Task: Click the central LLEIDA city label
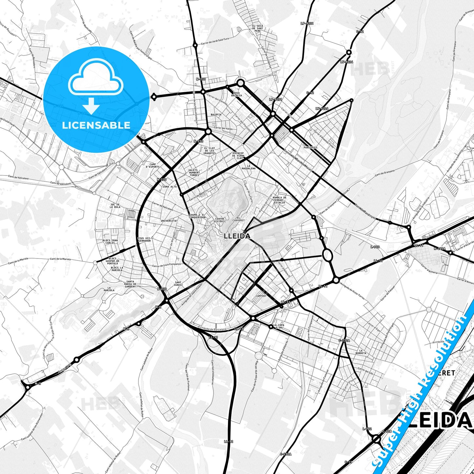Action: point(237,236)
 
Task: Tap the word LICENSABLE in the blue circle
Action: point(96,125)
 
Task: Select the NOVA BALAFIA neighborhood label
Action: point(237,94)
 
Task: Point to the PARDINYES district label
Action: point(310,148)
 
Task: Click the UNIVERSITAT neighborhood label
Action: point(169,221)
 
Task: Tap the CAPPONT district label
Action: point(261,296)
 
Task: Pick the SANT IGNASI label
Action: point(178,283)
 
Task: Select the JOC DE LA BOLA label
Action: point(115,206)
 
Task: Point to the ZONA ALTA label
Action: point(170,187)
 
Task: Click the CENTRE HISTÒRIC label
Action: point(220,220)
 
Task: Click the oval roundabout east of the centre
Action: point(327,255)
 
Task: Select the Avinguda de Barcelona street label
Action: point(213,328)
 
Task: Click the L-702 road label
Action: point(367,429)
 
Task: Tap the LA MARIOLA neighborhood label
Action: point(109,289)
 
